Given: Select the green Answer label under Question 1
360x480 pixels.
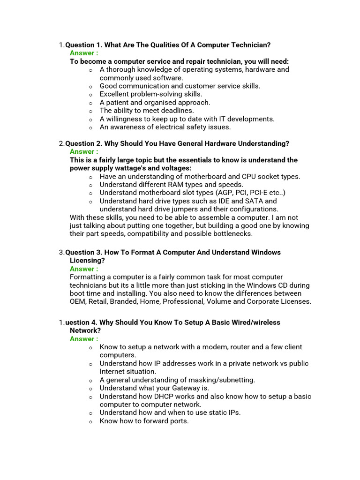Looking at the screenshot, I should click(84, 53).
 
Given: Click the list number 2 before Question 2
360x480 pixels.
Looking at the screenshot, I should click(61, 143).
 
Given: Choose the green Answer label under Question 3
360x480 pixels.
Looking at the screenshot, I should click(84, 269).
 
